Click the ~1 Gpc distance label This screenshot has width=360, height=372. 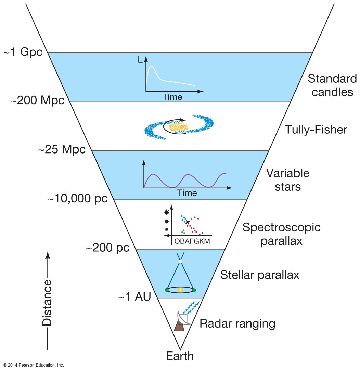click(23, 53)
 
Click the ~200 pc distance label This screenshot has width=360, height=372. click(107, 248)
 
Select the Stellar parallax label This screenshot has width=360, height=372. click(260, 275)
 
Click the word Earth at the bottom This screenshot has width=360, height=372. click(180, 356)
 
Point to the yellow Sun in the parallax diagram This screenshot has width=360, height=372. click(180, 290)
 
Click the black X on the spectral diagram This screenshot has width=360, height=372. click(188, 222)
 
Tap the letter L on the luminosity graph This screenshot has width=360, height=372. click(140, 60)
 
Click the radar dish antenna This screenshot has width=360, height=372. click(182, 318)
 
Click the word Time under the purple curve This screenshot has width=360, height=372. click(187, 193)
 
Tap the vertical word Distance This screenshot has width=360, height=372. click(47, 303)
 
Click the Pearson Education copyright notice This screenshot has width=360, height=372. click(32, 365)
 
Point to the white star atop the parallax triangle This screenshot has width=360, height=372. click(180, 261)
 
